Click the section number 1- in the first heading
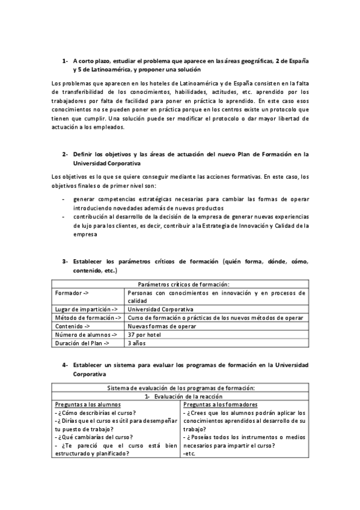coord(66,61)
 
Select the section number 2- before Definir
coord(66,154)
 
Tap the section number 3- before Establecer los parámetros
coord(66,262)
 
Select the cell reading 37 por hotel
coord(144,334)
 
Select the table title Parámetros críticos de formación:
coord(180,284)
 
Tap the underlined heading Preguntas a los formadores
coord(221,405)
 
